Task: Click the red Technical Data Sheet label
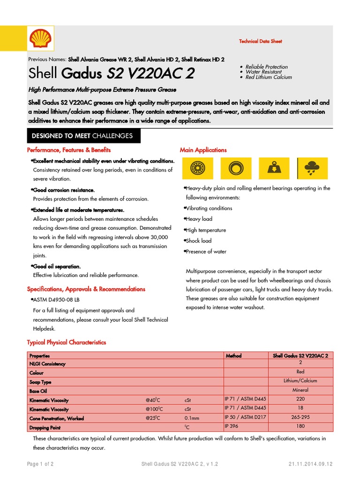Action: (x=261, y=41)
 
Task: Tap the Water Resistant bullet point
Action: (x=264, y=72)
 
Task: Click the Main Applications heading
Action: (x=203, y=150)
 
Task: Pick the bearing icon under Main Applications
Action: (x=197, y=167)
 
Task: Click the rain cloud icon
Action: (x=310, y=167)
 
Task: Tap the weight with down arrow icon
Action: (x=273, y=167)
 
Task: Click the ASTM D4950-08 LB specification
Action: (x=56, y=299)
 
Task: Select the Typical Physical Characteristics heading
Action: (x=67, y=342)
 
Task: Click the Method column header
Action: (x=233, y=356)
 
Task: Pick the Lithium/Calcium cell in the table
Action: (x=300, y=381)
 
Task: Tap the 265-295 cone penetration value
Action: (x=300, y=417)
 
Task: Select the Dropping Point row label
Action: (x=45, y=428)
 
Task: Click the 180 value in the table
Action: (x=300, y=426)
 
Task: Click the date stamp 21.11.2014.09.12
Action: (x=310, y=464)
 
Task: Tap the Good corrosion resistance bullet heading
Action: (x=64, y=190)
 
